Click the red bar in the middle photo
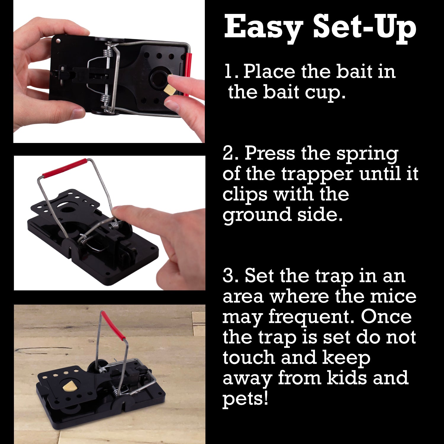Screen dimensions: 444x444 65,167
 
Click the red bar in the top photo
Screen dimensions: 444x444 187,74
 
